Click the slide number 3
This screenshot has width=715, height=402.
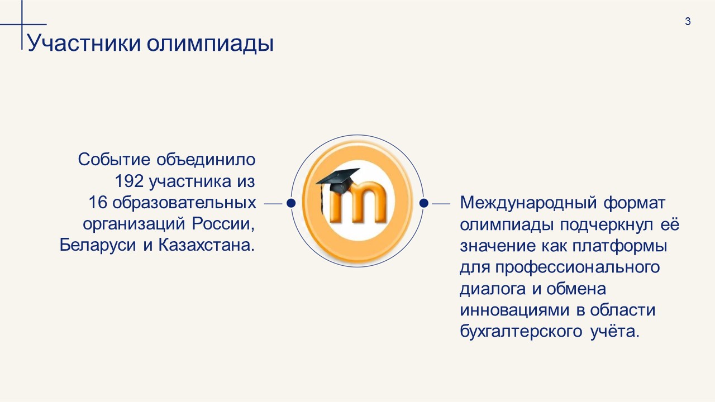point(688,21)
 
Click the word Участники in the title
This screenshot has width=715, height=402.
point(84,43)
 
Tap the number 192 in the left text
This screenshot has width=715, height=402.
point(129,181)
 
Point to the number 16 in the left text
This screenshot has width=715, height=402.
point(98,202)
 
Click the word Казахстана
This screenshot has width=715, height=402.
point(207,245)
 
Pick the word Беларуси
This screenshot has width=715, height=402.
point(98,246)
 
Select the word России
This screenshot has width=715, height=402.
point(223,224)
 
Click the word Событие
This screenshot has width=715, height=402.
point(114,159)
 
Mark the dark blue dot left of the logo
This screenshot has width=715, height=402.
point(291,203)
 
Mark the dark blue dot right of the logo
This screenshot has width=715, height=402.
point(423,203)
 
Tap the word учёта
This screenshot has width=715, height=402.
point(615,331)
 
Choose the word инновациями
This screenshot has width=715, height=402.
point(514,310)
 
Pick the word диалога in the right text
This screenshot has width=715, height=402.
point(493,289)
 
